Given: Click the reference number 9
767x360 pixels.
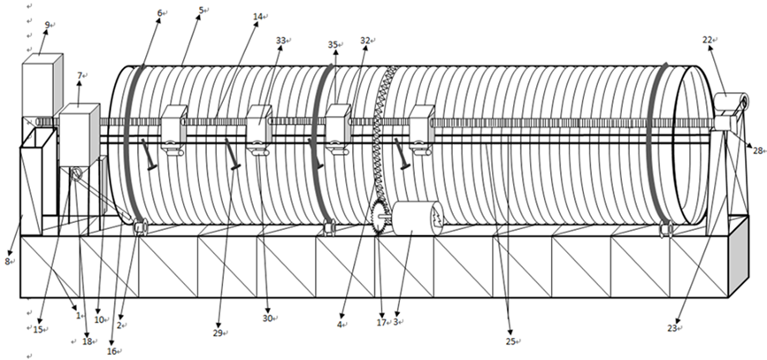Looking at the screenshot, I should (x=46, y=25).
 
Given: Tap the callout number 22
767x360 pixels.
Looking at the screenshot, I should (x=708, y=40).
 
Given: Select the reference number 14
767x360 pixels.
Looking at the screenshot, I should (x=257, y=16).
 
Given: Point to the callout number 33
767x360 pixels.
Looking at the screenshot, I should (x=280, y=41).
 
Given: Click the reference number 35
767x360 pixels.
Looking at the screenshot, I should (x=333, y=44).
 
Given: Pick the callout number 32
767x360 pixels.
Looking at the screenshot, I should (x=364, y=41).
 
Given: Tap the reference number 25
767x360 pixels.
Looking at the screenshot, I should (x=510, y=341).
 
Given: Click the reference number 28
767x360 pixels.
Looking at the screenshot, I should (x=757, y=150).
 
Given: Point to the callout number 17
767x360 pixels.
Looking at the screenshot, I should (x=381, y=325).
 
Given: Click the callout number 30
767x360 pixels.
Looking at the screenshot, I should (x=267, y=318).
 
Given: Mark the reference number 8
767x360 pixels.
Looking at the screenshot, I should (x=8, y=261).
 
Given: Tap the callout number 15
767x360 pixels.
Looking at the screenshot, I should (x=37, y=329).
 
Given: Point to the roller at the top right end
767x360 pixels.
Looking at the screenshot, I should (x=731, y=103).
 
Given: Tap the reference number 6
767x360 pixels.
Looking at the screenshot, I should (x=160, y=12).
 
